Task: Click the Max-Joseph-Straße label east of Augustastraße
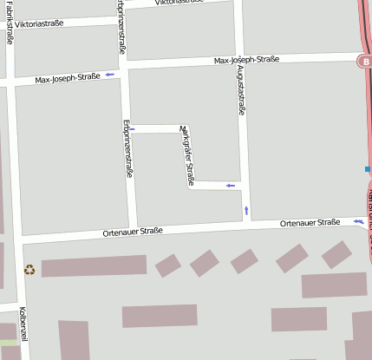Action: click(246, 60)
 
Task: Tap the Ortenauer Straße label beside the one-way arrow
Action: click(310, 223)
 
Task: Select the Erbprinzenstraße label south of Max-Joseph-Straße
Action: click(128, 147)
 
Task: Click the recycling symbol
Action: click(29, 269)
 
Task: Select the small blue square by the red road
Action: click(368, 168)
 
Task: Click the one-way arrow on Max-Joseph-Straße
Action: click(110, 76)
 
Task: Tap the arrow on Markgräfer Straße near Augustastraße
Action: click(230, 185)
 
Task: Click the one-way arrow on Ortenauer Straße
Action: click(358, 222)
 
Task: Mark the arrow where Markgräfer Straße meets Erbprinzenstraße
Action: click(132, 129)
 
